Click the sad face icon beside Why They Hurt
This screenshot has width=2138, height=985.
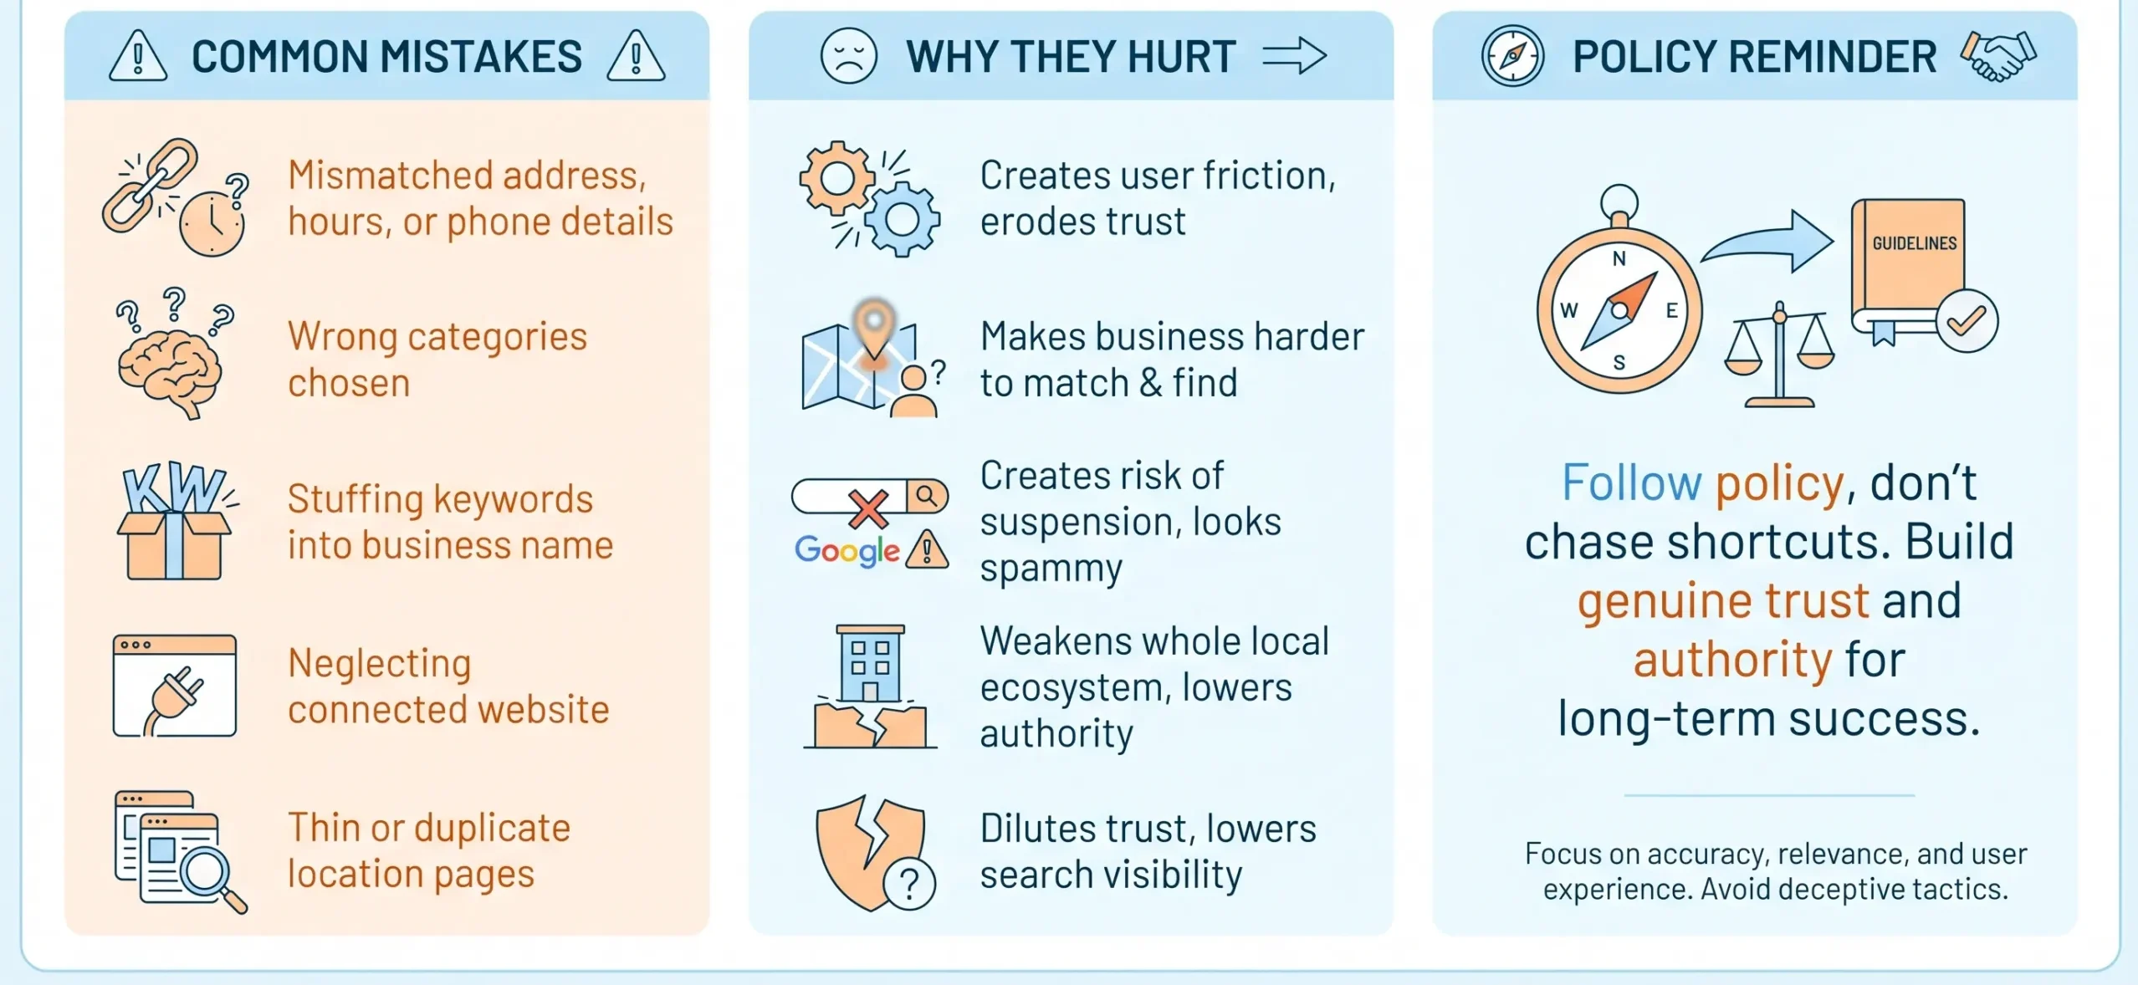(848, 56)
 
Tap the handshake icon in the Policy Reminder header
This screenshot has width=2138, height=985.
(1997, 55)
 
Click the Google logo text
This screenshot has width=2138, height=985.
(847, 550)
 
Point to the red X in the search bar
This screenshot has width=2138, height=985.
(868, 508)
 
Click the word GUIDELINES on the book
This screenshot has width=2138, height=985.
(1914, 243)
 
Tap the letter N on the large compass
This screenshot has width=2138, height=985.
(1619, 258)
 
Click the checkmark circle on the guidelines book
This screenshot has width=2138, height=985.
(1967, 320)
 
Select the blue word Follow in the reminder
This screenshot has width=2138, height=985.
(1631, 482)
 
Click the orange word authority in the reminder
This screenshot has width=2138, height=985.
(1732, 660)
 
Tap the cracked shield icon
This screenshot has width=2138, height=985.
(871, 851)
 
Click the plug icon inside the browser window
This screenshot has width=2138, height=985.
(174, 700)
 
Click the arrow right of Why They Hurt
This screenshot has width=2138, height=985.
(1294, 56)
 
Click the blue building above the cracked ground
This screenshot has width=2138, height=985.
(870, 662)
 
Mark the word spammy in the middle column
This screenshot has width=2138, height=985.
(1051, 570)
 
